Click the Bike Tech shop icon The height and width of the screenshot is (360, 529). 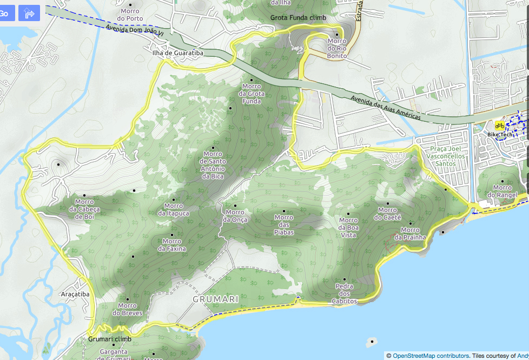499,126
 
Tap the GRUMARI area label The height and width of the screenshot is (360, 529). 216,299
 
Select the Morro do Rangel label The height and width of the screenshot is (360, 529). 502,191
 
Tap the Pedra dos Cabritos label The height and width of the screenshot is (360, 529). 345,293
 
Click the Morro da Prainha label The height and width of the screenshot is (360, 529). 410,233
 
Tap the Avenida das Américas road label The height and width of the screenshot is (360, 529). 385,107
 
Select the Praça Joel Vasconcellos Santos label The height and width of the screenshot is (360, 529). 448,156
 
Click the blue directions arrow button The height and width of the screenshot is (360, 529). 29,12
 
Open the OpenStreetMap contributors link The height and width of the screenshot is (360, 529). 430,356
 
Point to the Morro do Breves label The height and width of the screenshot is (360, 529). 128,309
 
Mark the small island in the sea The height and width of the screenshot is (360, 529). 372,342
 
